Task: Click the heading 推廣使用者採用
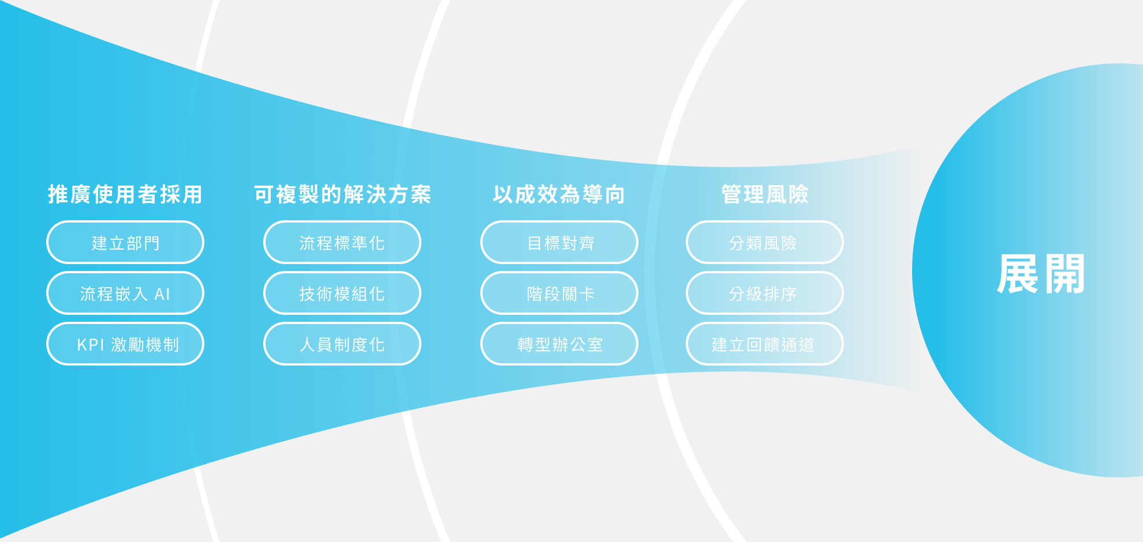pos(125,194)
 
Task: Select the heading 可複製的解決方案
pos(342,194)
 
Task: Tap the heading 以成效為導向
pos(559,194)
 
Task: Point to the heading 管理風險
pos(765,194)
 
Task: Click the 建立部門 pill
pos(125,242)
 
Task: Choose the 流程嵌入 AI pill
pos(125,293)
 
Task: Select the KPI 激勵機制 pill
pos(125,344)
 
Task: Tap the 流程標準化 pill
pos(342,242)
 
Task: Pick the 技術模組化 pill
pos(342,293)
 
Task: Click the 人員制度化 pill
pos(342,344)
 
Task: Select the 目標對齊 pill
pos(559,242)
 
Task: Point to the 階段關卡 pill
pos(559,293)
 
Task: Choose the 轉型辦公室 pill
pos(559,344)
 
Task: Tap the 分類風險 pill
pos(765,242)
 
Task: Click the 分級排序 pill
pos(765,293)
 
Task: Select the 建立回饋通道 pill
pos(765,344)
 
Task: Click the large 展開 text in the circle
pos(1041,274)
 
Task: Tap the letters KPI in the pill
pos(91,345)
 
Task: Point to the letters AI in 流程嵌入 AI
pos(162,294)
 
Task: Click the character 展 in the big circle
pos(1018,274)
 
